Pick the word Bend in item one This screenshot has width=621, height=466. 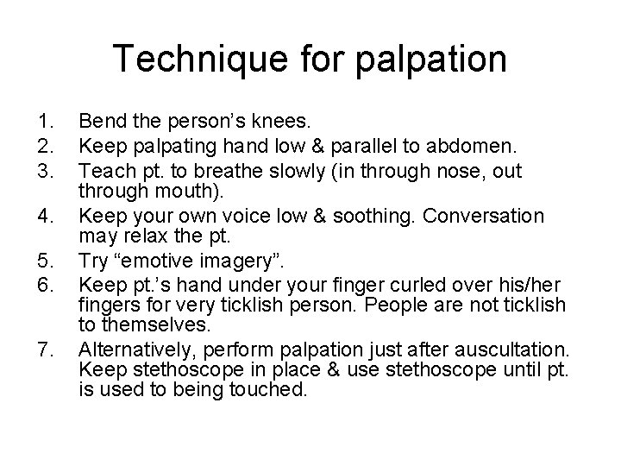pyautogui.click(x=99, y=116)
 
